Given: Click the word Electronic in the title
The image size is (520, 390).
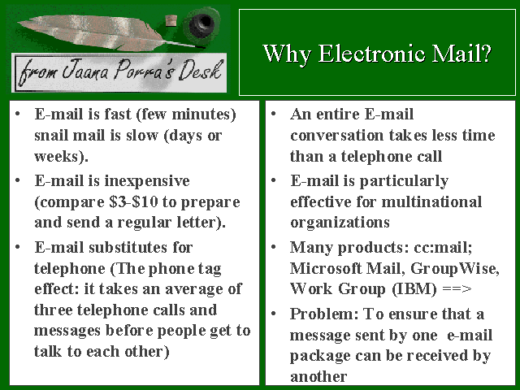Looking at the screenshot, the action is click(x=372, y=54).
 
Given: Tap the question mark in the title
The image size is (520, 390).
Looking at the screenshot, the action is click(x=486, y=54).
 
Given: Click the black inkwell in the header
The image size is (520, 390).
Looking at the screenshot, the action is click(x=201, y=24).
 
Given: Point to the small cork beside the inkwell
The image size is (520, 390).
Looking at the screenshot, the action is click(x=171, y=20).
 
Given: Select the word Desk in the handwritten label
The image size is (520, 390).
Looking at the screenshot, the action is click(x=200, y=71).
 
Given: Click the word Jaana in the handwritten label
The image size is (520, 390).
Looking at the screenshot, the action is click(x=85, y=70).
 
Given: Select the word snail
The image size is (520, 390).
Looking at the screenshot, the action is click(x=50, y=136).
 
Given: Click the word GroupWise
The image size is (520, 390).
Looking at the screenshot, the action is click(x=453, y=268).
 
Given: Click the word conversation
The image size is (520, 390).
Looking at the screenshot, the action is click(x=336, y=136).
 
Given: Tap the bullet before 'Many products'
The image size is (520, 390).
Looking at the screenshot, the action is click(x=273, y=247).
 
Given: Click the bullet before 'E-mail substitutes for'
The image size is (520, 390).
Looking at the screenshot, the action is click(x=18, y=247).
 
